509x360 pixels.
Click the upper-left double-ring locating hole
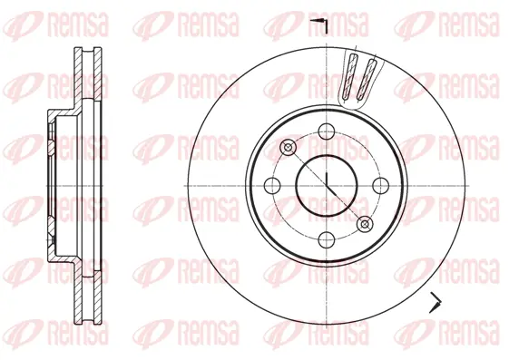click(289, 147)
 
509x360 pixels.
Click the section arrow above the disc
click(318, 21)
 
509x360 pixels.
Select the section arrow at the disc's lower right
click(436, 302)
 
